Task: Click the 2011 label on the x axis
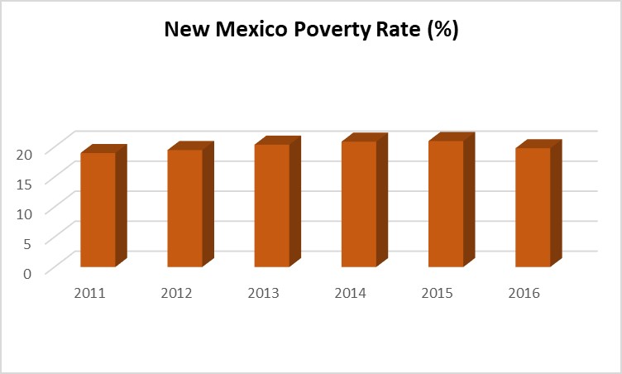tap(89, 293)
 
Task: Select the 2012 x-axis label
tap(176, 293)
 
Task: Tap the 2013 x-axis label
tap(263, 293)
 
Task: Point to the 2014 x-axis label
tap(351, 293)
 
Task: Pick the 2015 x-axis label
tap(438, 293)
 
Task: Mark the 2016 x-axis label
tap(524, 293)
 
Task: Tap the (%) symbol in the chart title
tap(441, 31)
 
